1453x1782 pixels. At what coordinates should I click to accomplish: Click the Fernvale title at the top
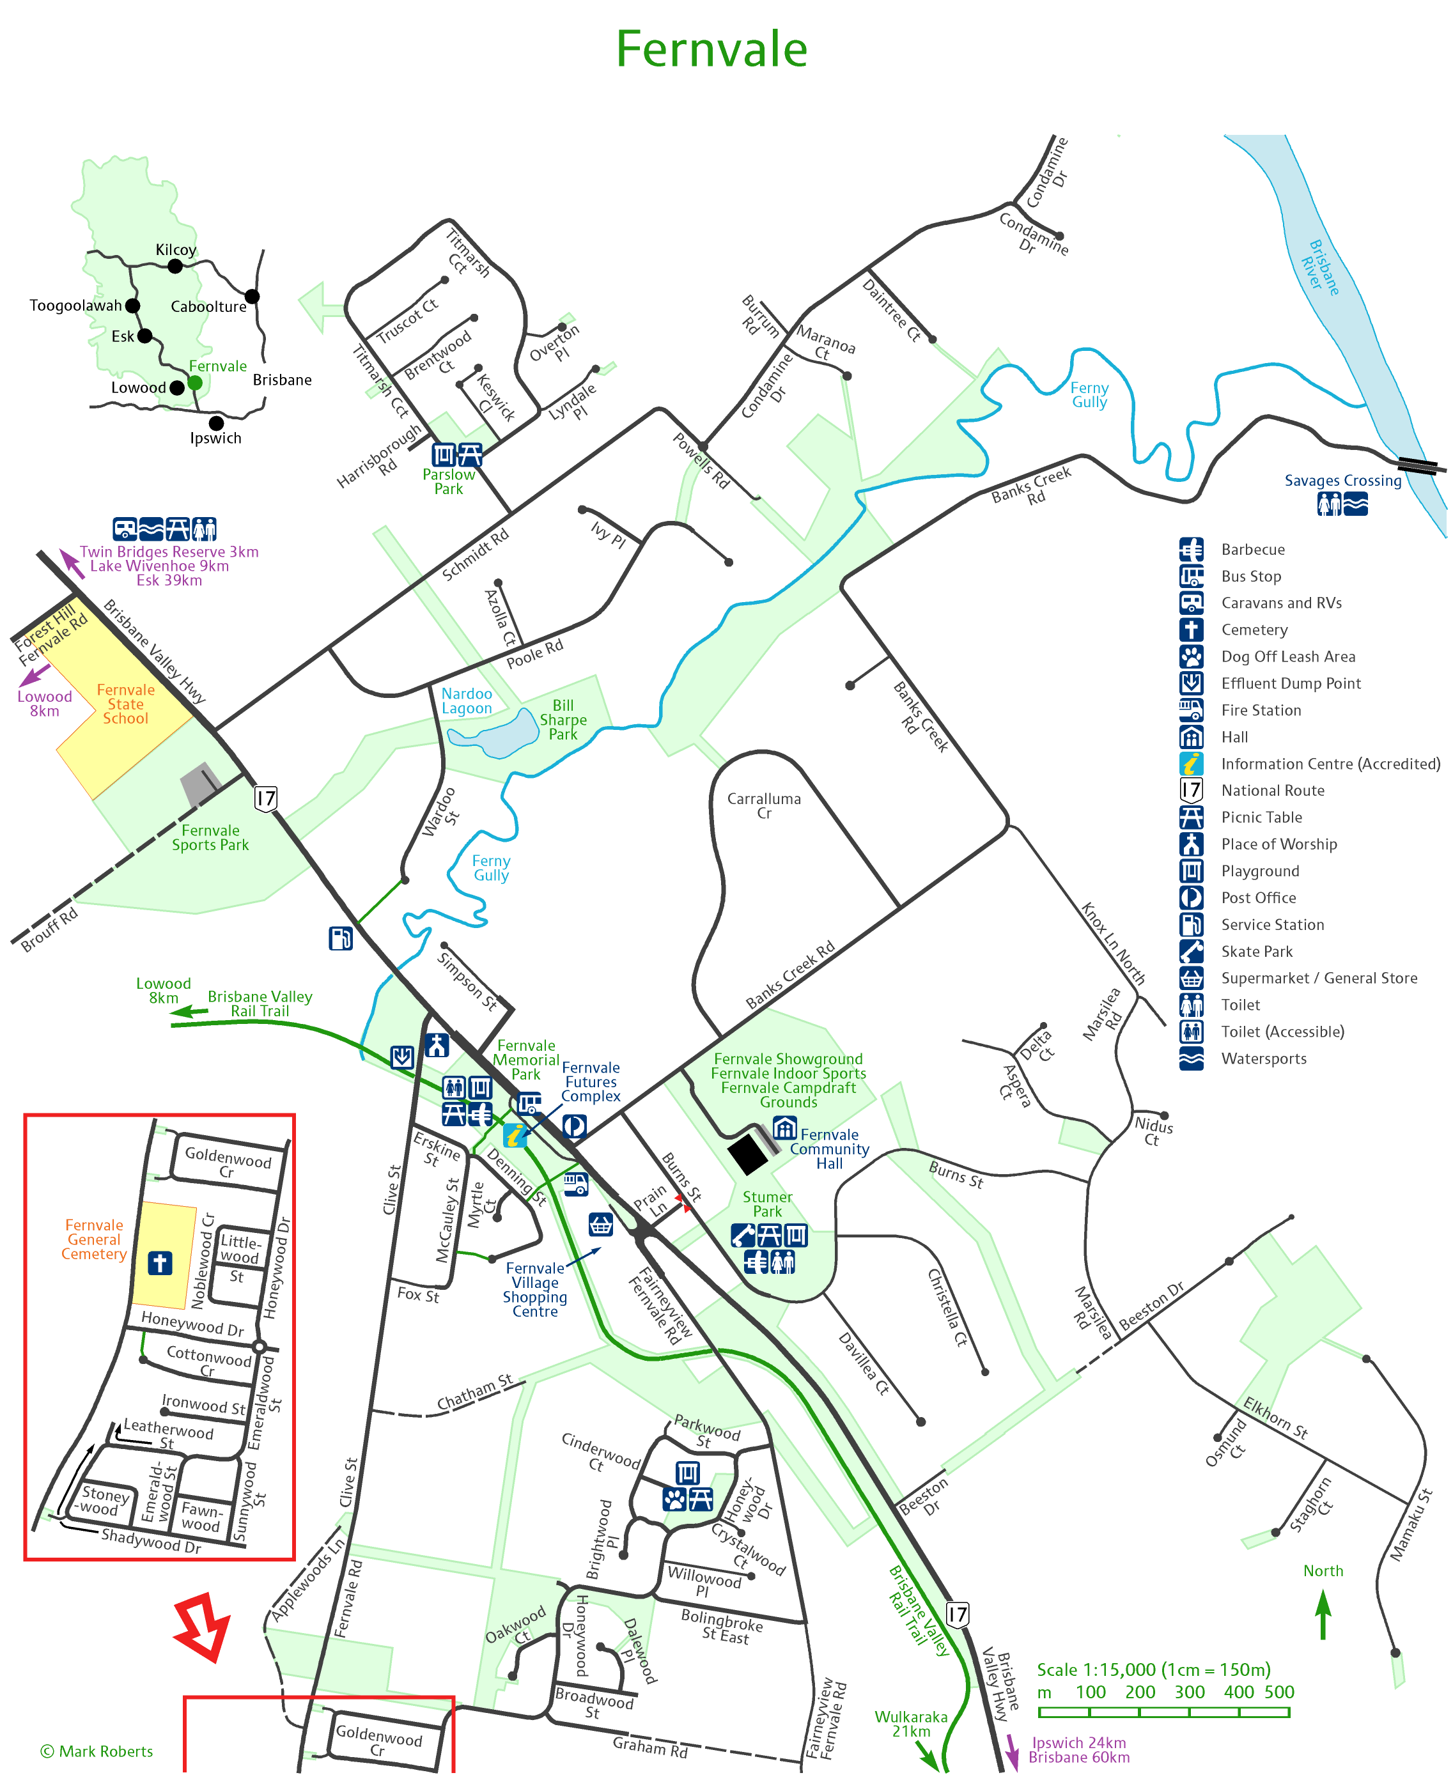[x=711, y=49]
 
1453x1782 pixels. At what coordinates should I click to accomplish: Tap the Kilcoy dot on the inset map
[x=175, y=266]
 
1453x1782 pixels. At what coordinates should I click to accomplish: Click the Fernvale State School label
[x=125, y=704]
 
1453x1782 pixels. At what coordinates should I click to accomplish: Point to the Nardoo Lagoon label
[x=466, y=701]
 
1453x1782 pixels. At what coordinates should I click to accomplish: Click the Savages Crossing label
[x=1342, y=481]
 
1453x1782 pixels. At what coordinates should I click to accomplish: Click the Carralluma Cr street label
[x=763, y=805]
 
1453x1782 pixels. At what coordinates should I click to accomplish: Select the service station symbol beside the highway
[x=341, y=939]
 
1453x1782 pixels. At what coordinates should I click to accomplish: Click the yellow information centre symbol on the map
[x=515, y=1136]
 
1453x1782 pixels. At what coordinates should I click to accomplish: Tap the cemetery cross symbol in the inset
[x=160, y=1263]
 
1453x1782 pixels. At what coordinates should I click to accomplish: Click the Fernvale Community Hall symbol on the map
[x=784, y=1128]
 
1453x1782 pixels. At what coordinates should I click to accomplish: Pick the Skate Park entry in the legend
[x=1256, y=951]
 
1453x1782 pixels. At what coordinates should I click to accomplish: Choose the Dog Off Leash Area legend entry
[x=1287, y=656]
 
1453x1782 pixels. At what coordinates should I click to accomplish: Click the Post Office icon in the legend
[x=1191, y=897]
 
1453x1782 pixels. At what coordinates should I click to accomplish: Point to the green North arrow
[x=1323, y=1614]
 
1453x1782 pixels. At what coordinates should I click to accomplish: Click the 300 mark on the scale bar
[x=1188, y=1692]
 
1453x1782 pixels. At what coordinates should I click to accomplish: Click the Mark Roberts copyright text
[x=97, y=1751]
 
